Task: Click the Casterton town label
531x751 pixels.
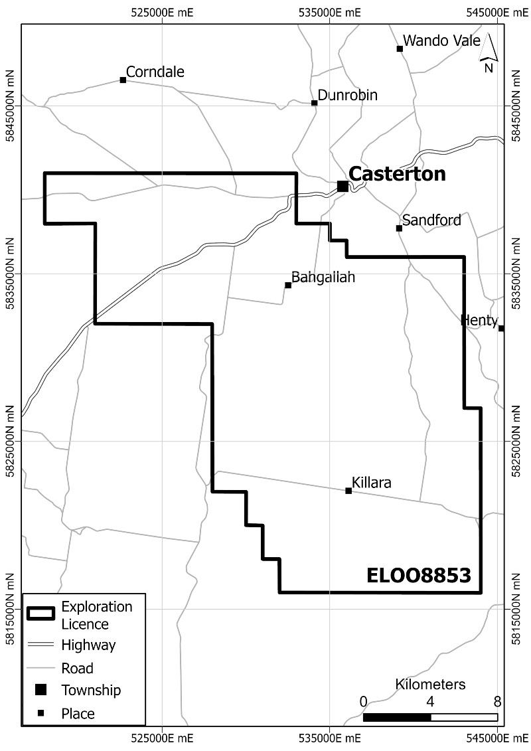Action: pos(397,175)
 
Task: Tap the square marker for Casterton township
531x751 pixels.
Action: pos(342,187)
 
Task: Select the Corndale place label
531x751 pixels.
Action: pos(155,72)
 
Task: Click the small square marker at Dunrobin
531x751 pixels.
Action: pos(315,103)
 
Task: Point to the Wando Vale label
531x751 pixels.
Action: pos(441,41)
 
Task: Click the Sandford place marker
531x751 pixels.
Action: pos(400,228)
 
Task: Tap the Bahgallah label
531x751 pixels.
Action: pos(324,278)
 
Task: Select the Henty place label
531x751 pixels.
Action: pos(479,321)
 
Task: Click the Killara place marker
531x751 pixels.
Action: pos(348,491)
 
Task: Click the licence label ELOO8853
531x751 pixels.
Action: pos(418,575)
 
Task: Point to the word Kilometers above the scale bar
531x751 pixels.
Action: pos(430,685)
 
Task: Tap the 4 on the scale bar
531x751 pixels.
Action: pos(430,701)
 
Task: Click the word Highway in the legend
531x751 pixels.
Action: pos(88,645)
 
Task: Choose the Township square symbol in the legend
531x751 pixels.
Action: pos(40,690)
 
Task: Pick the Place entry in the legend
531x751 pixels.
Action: pos(78,714)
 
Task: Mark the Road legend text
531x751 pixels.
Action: pos(77,668)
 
